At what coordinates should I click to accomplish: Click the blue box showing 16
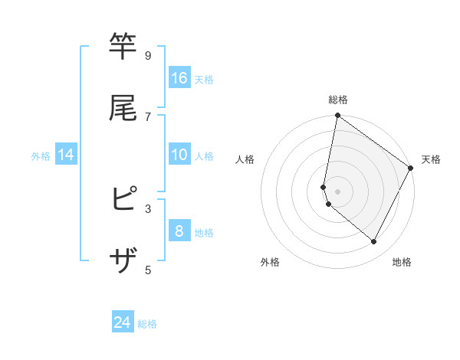coord(179,78)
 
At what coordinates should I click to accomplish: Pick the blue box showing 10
coord(179,155)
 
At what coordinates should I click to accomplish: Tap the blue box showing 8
coord(179,231)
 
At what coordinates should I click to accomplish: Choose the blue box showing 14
coord(66,155)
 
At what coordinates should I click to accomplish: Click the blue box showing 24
coord(123,322)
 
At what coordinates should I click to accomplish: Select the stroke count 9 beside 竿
coord(148,56)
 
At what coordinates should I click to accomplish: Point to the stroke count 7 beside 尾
coord(148,116)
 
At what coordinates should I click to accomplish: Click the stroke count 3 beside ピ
coord(148,208)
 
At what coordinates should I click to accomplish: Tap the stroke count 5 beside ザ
coord(148,269)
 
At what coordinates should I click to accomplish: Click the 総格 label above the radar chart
coord(338,100)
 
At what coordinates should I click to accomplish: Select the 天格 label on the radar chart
coord(431,159)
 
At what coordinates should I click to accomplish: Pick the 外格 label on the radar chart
coord(270,262)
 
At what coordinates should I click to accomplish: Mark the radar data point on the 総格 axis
coord(337,116)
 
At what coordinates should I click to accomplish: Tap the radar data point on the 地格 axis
coord(373,241)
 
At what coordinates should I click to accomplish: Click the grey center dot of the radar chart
coord(337,191)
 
